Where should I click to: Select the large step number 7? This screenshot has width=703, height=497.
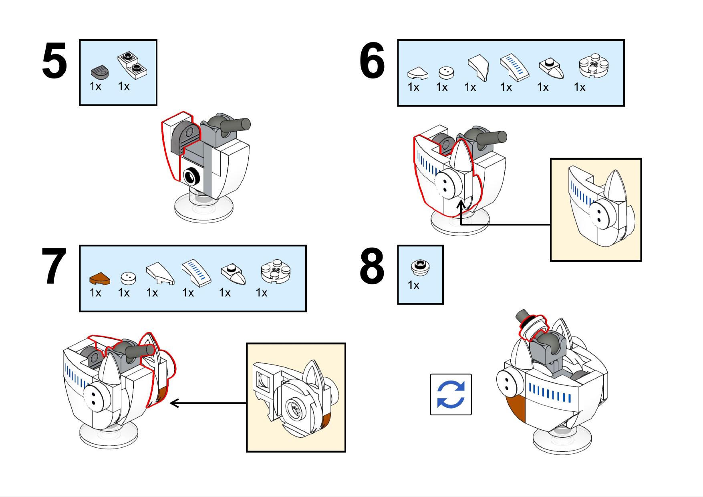tap(54, 267)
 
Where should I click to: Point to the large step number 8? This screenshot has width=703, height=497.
tap(372, 267)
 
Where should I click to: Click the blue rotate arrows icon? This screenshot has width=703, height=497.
tap(451, 395)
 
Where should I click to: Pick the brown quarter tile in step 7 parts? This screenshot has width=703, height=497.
tap(99, 279)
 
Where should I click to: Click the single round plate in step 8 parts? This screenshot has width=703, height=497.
tap(420, 267)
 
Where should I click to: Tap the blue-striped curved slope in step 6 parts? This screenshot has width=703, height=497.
tap(514, 66)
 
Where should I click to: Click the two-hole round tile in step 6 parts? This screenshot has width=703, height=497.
tap(445, 72)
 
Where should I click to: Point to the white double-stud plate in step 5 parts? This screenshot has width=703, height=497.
tap(133, 65)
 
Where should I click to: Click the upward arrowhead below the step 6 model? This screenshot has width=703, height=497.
tap(461, 204)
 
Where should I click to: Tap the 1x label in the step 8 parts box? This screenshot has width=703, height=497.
tap(413, 285)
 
